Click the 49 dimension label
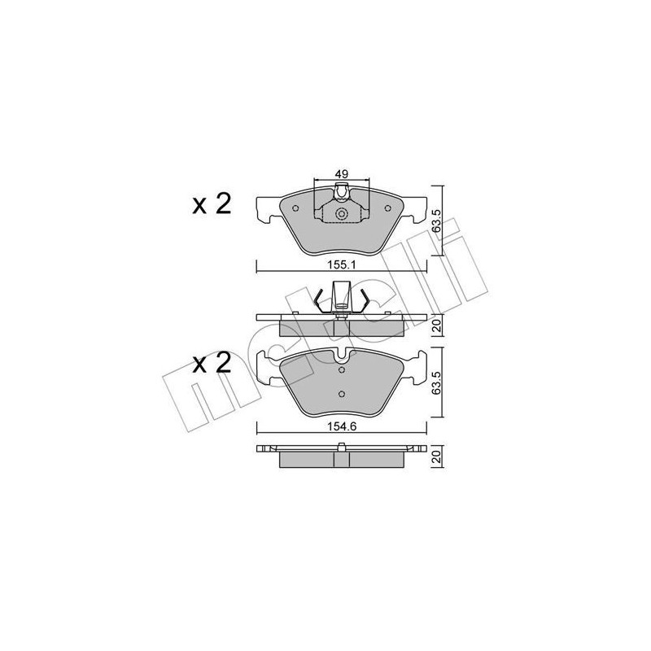pyautogui.click(x=341, y=173)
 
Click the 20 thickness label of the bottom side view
pyautogui.click(x=436, y=458)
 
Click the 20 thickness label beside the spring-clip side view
pyautogui.click(x=436, y=326)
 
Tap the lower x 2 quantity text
pyautogui.click(x=212, y=364)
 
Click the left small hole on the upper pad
pyautogui.click(x=295, y=208)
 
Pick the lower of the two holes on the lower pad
pyautogui.click(x=342, y=395)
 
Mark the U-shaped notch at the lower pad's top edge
pyautogui.click(x=342, y=356)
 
